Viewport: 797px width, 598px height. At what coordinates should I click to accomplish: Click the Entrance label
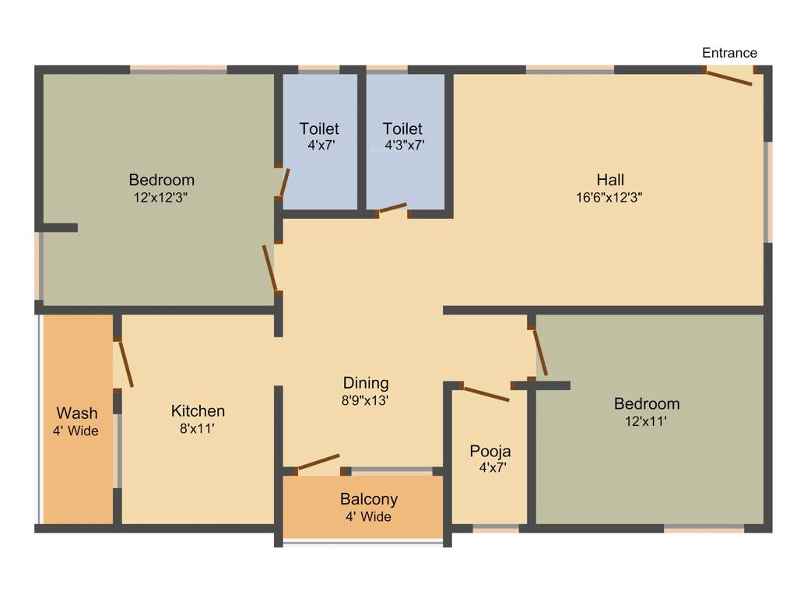[x=729, y=53]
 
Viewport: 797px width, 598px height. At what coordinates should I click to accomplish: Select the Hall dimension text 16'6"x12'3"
[x=609, y=198]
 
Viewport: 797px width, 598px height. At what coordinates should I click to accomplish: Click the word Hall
[x=610, y=181]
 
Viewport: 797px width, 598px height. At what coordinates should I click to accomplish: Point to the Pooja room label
[x=490, y=451]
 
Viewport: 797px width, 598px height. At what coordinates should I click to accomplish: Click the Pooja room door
[x=486, y=393]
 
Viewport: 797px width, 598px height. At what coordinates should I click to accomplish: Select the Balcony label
[x=369, y=499]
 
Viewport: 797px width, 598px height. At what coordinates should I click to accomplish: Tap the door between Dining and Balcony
[x=318, y=462]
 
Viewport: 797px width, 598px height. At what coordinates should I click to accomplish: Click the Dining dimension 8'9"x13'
[x=366, y=400]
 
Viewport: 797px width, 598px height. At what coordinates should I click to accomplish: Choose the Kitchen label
[x=198, y=410]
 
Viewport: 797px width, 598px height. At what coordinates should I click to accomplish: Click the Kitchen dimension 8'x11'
[x=198, y=428]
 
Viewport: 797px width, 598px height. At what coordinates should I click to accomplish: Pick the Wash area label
[x=77, y=413]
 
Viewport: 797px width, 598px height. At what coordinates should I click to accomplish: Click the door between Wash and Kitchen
[x=125, y=364]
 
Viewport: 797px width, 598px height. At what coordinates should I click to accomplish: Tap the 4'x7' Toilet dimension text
[x=321, y=145]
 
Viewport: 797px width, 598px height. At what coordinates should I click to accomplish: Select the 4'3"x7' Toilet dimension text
[x=404, y=145]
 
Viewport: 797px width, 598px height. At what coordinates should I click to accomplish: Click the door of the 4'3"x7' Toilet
[x=391, y=208]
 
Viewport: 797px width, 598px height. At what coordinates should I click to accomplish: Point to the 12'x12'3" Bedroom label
[x=162, y=181]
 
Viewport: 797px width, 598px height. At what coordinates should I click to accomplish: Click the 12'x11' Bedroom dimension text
[x=647, y=421]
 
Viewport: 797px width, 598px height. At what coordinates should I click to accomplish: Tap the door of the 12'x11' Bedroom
[x=540, y=352]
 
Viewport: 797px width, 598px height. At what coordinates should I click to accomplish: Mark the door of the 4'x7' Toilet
[x=285, y=182]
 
